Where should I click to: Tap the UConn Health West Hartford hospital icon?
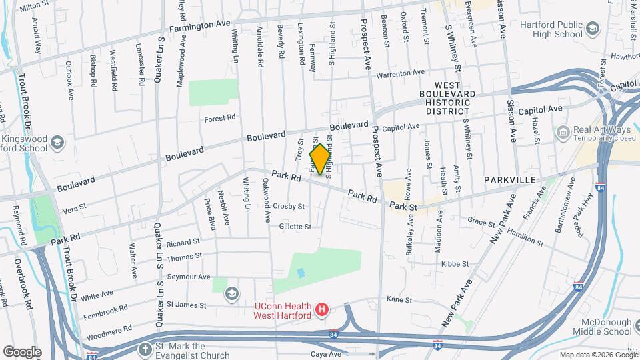[322, 309]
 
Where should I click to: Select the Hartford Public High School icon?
[593, 30]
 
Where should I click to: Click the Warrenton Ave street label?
[400, 73]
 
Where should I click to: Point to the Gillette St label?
[295, 227]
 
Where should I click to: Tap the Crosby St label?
[288, 207]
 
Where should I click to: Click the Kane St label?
[399, 300]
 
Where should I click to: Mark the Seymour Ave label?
[189, 277]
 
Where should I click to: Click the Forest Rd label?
[220, 117]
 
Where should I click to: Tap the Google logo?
[22, 351]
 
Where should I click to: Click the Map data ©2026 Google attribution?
[598, 355]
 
